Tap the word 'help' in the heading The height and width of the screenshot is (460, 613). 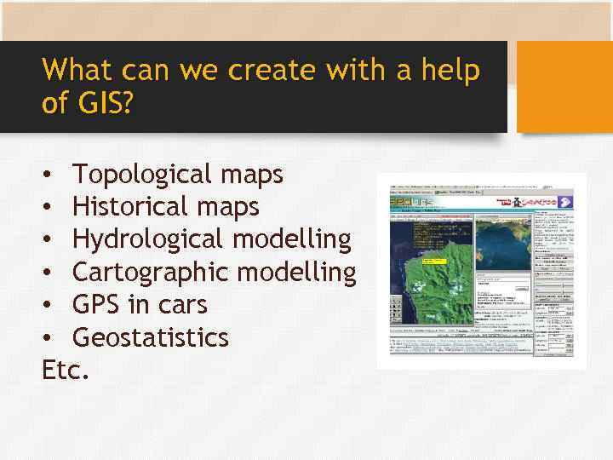449,70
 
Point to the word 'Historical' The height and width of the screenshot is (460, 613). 129,207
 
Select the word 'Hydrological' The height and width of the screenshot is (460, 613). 148,240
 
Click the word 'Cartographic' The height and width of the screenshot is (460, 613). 150,273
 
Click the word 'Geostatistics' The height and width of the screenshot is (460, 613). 150,338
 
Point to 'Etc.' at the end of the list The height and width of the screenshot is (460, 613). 64,371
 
